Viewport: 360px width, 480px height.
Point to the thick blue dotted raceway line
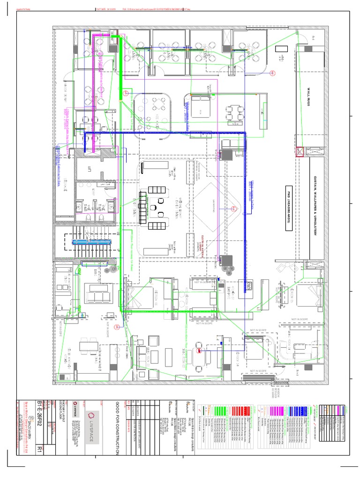[x=164, y=134]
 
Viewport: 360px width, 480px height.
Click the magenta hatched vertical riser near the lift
[x=95, y=94]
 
